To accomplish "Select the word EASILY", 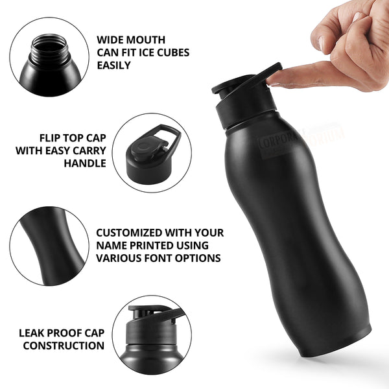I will coord(113,65).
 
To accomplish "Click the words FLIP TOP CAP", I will coord(72,137).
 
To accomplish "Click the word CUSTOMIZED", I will coord(127,232).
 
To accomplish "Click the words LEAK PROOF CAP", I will coord(62,333).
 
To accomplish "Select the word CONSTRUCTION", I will coord(64,346).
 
